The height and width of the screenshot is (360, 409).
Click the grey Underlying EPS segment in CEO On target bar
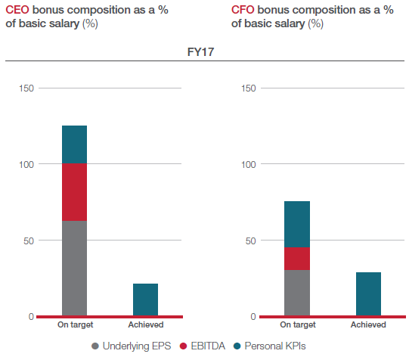pyautogui.click(x=74, y=268)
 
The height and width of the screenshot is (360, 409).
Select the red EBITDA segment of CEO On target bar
pyautogui.click(x=74, y=192)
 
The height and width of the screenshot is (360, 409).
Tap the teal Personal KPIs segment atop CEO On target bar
pyautogui.click(x=74, y=144)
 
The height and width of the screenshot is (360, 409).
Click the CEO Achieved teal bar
pyautogui.click(x=146, y=299)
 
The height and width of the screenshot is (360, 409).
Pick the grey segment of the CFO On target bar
pyautogui.click(x=297, y=293)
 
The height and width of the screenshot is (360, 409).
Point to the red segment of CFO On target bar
pyautogui.click(x=297, y=259)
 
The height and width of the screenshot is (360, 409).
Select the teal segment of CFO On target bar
pyautogui.click(x=297, y=225)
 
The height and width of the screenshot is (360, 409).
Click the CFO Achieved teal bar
pyautogui.click(x=368, y=294)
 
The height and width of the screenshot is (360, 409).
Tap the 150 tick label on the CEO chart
pyautogui.click(x=26, y=88)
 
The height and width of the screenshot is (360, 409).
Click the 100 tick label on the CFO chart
pyautogui.click(x=248, y=165)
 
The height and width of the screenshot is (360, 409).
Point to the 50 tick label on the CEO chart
pyautogui.click(x=29, y=241)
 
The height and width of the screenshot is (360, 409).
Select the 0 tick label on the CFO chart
pyautogui.click(x=253, y=317)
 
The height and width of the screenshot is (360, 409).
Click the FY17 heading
pyautogui.click(x=200, y=52)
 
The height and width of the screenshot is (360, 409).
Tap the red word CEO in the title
pyautogui.click(x=17, y=10)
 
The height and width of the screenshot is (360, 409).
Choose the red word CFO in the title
pyautogui.click(x=243, y=10)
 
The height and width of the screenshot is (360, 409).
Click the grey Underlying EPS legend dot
pyautogui.click(x=95, y=346)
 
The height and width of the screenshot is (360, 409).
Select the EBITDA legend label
pyautogui.click(x=208, y=346)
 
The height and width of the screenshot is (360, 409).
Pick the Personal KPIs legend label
pyautogui.click(x=275, y=346)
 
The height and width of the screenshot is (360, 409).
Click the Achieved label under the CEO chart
pyautogui.click(x=146, y=324)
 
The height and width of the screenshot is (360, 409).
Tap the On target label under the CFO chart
pyautogui.click(x=298, y=324)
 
